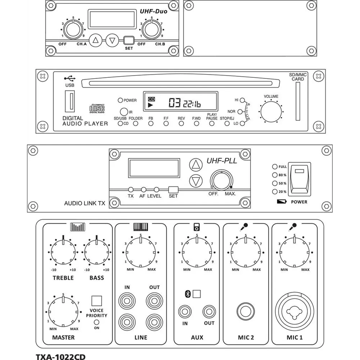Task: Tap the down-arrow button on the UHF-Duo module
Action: (113, 40)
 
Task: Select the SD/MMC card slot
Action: (297, 102)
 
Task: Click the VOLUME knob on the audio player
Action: (271, 111)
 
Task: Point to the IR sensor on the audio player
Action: (123, 112)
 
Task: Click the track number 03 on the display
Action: (175, 104)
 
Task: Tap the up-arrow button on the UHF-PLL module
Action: (196, 165)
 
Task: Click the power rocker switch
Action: (300, 179)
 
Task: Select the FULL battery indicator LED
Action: (275, 167)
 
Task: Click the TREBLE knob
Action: (63, 252)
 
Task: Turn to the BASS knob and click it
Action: (96, 252)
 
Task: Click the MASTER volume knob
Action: (63, 311)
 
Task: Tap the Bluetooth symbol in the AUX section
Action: (187, 294)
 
